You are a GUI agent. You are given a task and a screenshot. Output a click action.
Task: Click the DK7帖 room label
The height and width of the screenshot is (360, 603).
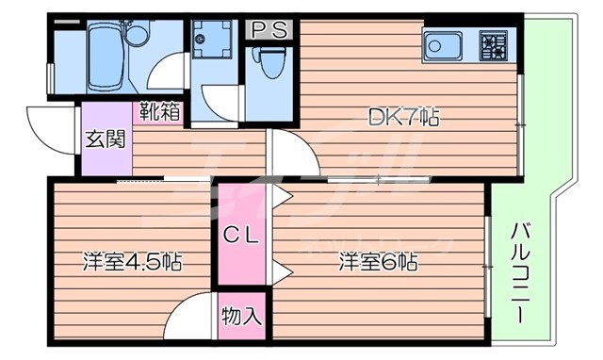(403, 119)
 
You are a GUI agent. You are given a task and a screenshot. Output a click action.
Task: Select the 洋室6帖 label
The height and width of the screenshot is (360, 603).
(380, 261)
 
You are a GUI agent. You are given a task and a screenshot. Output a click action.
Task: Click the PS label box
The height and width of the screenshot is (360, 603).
(269, 30)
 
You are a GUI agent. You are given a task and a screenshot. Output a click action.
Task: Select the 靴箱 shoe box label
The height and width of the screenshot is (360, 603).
(161, 111)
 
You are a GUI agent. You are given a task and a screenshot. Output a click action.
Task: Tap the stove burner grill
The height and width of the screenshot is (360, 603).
(493, 44)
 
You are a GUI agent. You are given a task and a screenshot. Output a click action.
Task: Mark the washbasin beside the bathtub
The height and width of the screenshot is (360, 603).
(139, 37)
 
